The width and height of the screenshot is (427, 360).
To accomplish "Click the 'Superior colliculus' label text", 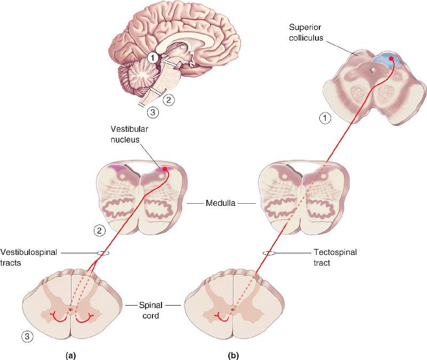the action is (306, 33).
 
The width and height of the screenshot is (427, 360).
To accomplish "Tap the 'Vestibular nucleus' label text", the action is (129, 134).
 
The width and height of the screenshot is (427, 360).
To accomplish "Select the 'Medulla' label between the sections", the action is (220, 203).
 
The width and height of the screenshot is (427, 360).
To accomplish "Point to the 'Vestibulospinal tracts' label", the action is (29, 257).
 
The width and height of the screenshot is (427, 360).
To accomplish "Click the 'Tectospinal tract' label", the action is (335, 257).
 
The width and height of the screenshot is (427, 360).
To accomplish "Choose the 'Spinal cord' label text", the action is (150, 310).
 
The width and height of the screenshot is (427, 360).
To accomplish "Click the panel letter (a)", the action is (71, 355).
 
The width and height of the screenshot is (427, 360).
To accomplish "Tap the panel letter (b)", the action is (233, 355).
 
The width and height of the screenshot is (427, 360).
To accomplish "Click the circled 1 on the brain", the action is (153, 58).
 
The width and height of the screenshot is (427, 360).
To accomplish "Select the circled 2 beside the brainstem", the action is (168, 100).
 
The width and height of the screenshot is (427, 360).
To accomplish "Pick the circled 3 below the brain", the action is (153, 112).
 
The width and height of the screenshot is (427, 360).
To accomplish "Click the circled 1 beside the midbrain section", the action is (325, 118).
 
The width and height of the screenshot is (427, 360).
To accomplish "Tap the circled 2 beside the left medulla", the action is (100, 231).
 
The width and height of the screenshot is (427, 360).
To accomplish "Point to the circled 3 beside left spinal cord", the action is (27, 337).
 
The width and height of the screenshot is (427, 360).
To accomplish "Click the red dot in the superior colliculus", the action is (391, 58).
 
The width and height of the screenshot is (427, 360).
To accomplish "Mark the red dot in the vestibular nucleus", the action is (165, 169).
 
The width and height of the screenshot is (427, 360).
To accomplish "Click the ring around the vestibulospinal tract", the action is (103, 253).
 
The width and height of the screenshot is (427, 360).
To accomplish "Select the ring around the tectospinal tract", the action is (269, 253).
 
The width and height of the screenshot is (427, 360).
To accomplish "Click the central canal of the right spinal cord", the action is (233, 310).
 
